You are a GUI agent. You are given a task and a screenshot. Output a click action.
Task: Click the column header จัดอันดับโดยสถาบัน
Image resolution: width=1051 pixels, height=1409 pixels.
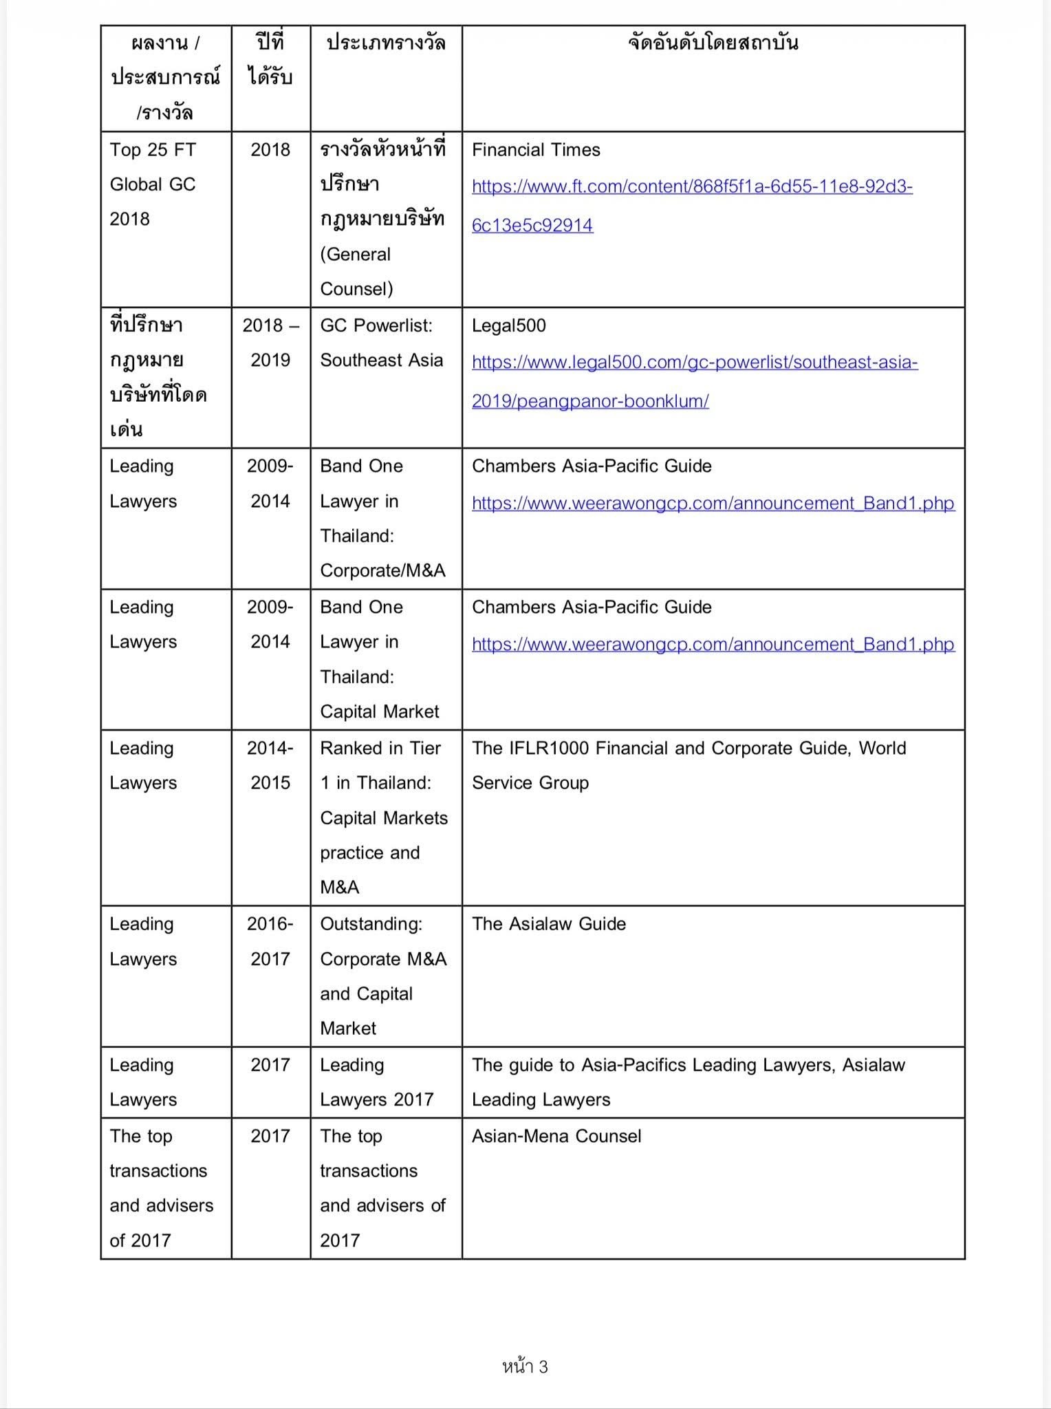(713, 43)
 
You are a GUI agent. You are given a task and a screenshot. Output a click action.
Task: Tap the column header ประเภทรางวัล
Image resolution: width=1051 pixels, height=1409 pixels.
(385, 43)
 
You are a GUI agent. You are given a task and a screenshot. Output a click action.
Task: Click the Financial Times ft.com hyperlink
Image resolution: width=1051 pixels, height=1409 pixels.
(691, 206)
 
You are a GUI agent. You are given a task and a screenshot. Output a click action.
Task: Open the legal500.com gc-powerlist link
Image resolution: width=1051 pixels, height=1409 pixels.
(694, 381)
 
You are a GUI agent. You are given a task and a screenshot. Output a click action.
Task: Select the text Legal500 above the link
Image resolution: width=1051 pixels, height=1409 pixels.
(508, 325)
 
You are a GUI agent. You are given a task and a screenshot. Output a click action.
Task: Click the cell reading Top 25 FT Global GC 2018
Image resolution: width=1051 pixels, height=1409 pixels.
(153, 184)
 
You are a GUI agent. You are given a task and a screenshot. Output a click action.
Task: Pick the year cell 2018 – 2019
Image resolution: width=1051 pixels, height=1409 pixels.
(270, 343)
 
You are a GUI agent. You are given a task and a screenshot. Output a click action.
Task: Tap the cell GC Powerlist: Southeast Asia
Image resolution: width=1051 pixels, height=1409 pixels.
(381, 343)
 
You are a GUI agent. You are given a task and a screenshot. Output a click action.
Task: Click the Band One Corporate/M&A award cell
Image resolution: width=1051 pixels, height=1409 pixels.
(382, 518)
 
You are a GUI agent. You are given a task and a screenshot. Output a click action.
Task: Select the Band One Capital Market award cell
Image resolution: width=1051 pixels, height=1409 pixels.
(380, 659)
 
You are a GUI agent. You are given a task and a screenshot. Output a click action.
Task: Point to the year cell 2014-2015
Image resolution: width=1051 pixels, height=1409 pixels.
(270, 765)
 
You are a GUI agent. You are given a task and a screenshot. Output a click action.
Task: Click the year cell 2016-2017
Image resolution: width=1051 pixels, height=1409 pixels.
(270, 941)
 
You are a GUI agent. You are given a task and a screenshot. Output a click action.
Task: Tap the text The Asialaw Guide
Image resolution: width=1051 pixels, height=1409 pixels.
(548, 924)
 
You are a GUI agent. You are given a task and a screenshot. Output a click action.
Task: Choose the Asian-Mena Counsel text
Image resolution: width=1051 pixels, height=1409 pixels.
(556, 1136)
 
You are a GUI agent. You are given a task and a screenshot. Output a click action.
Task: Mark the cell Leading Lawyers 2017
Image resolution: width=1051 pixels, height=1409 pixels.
(376, 1082)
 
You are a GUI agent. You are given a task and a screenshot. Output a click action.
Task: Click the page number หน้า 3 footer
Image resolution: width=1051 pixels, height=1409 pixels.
(525, 1367)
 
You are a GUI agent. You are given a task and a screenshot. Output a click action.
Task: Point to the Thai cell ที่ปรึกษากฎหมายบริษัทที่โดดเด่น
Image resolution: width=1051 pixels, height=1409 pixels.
(158, 377)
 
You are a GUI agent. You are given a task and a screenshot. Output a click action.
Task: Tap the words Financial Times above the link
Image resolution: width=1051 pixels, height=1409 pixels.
(535, 150)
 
